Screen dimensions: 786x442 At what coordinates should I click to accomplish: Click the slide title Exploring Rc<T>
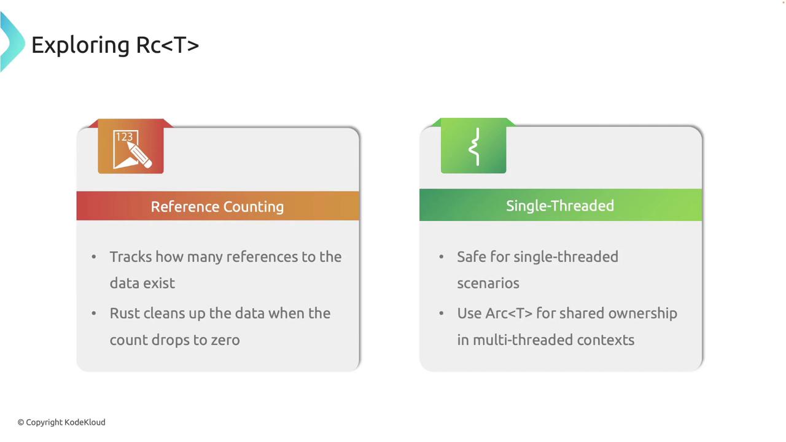click(115, 45)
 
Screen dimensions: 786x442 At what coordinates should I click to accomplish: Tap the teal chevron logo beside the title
click(12, 42)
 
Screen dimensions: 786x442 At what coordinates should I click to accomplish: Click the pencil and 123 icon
click(132, 150)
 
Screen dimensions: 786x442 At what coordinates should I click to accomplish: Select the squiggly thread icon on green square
click(474, 146)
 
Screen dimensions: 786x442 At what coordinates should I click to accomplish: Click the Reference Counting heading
click(217, 207)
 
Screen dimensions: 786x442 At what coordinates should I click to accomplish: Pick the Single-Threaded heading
click(560, 206)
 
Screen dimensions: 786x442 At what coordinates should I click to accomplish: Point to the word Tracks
click(131, 257)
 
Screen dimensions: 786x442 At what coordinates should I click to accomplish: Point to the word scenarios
click(488, 284)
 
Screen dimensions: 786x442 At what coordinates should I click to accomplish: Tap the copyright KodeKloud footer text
click(61, 422)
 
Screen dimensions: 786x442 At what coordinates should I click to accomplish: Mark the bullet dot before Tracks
click(94, 257)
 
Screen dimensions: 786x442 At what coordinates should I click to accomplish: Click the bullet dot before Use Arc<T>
click(442, 313)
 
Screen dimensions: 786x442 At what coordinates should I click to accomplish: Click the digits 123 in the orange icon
click(124, 137)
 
